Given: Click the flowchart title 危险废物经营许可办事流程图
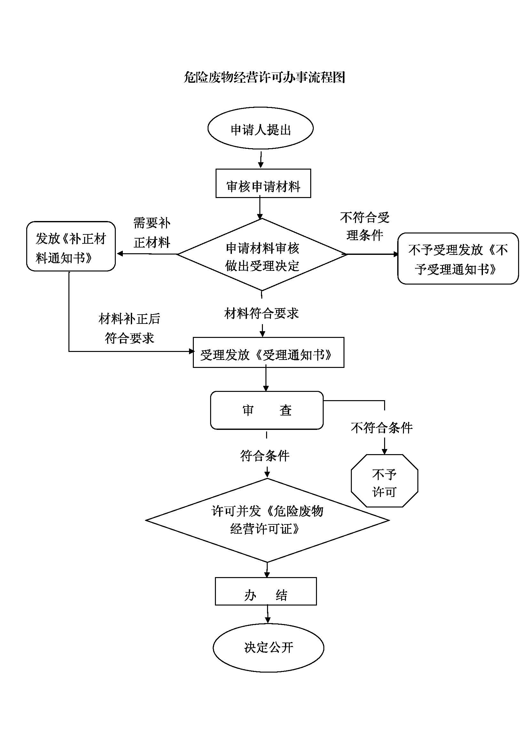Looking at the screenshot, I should point(264,77).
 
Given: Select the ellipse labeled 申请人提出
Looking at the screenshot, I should point(260,128).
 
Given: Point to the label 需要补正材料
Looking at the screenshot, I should point(152,232).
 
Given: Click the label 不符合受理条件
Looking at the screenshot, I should point(365,226).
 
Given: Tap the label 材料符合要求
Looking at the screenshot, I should point(262,313).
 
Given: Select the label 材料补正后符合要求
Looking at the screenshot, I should point(129,328).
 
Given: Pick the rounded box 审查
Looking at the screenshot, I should point(267,410).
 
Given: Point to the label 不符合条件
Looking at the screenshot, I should point(382,428).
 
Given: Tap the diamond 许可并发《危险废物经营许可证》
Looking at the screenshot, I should point(267,520).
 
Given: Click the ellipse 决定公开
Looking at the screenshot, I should point(268,647).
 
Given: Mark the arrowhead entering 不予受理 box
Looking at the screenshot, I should point(395,255).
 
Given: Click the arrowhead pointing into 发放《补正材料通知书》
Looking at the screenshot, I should point(120,254).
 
